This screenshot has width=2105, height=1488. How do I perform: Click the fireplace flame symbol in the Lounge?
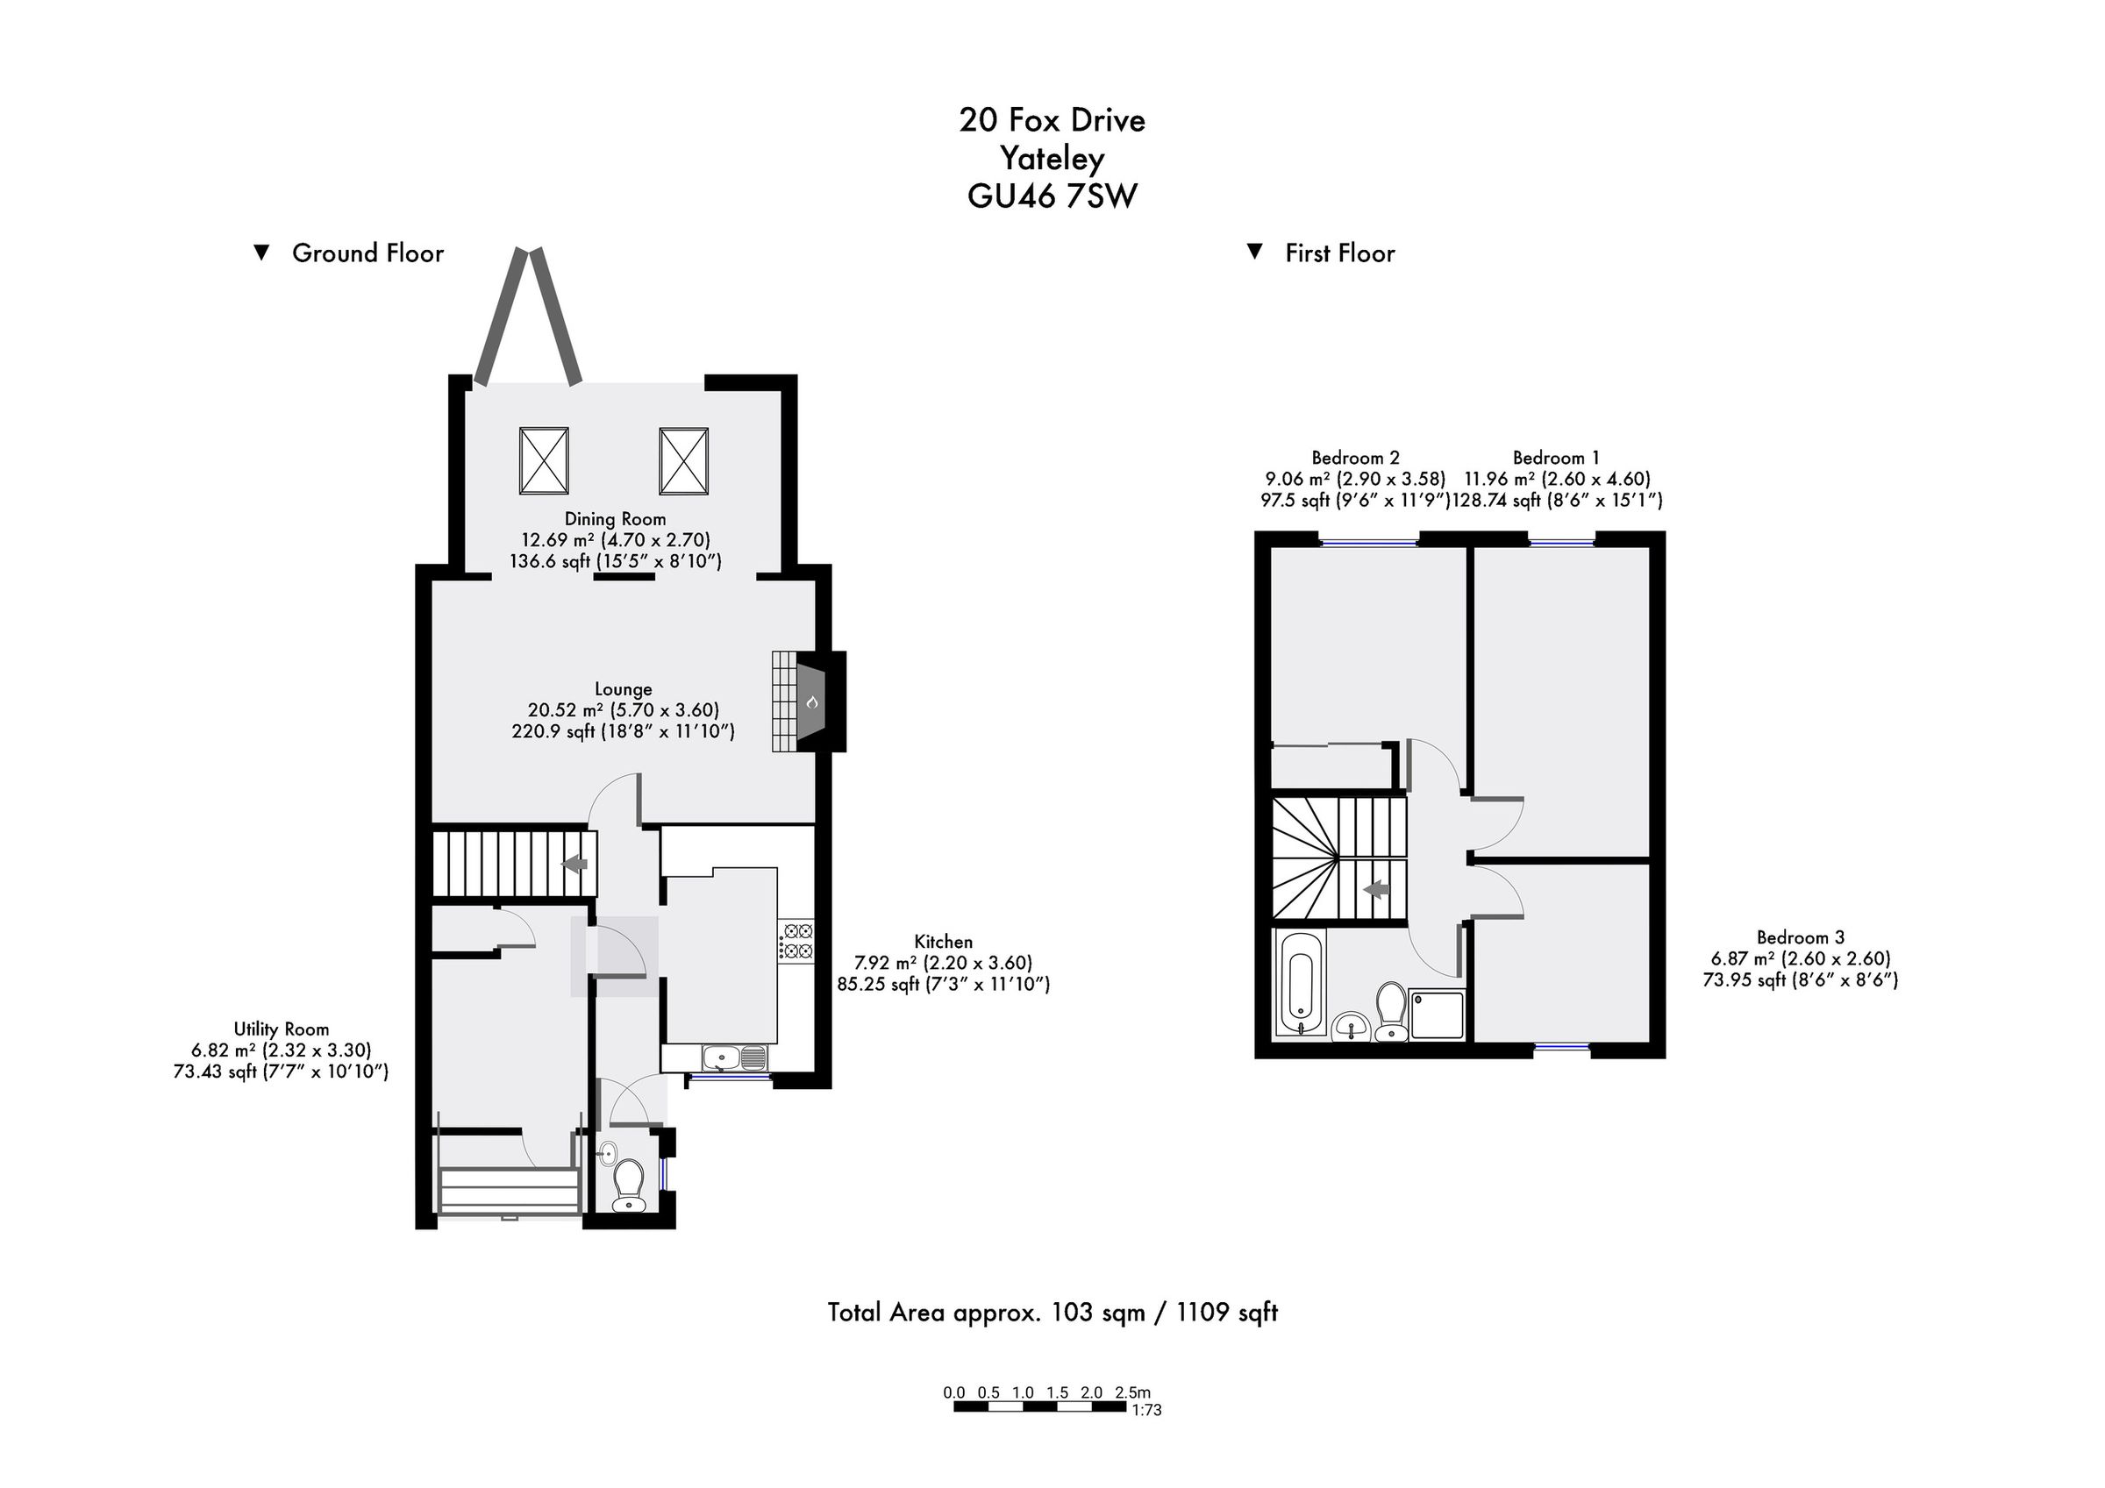811,702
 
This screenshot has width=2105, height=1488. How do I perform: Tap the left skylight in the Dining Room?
544,460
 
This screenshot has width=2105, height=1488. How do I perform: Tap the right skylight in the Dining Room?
683,460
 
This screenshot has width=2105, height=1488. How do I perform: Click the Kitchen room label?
943,942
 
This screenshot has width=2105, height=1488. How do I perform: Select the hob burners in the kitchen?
796,941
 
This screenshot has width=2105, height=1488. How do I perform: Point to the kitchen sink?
734,1059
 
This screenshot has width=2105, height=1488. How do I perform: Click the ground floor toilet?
628,1185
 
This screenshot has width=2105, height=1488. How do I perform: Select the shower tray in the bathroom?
1437,1014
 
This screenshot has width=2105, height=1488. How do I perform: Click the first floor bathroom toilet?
1392,1012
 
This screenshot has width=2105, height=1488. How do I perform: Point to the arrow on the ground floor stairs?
574,864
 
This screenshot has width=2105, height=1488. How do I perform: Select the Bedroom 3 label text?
1800,937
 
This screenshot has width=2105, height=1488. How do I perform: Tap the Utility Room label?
281,1029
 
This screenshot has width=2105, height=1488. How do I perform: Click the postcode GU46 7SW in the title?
1052,196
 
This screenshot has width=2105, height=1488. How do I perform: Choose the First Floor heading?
1338,253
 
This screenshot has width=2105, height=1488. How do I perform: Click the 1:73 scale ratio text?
1146,1410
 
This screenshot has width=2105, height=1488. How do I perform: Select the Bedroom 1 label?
1555,458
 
